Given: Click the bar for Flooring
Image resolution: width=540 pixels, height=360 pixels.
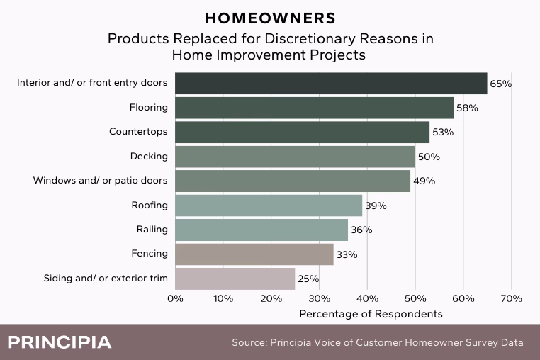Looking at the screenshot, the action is tap(314, 108).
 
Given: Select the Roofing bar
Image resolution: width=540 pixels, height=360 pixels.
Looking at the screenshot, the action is tap(269, 206).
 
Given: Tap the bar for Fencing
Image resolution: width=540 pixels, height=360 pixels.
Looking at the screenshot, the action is tap(254, 254).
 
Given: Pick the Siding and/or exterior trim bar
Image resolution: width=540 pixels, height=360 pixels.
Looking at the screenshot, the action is tap(235, 279).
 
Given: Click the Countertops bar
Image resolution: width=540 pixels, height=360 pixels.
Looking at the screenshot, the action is tap(303, 133).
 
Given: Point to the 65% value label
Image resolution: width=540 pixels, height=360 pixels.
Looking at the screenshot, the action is tap(501, 84).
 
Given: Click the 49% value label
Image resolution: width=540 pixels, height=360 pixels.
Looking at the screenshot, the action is tap(424, 181).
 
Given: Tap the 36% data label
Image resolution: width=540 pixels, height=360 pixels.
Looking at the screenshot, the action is tap(361, 230).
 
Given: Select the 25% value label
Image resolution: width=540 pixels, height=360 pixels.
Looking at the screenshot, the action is tap(308, 279).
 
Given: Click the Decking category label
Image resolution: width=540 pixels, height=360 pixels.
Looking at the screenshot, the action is tap(149, 157).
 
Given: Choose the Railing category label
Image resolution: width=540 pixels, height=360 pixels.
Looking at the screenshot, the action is tap(152, 230).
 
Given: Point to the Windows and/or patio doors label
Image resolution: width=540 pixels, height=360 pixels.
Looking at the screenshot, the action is tap(100, 181).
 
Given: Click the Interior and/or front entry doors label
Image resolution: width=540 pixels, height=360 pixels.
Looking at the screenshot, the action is tap(92, 83).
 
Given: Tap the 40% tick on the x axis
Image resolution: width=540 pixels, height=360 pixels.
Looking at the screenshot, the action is tap(368, 298).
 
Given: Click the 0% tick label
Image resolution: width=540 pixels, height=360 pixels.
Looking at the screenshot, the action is tap(175, 298).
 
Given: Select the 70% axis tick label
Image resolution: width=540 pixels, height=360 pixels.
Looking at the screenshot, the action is tap(512, 298).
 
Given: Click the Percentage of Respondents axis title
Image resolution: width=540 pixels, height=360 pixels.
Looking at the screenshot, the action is tap(371, 314).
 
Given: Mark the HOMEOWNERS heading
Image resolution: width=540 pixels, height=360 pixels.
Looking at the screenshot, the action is tap(270, 18).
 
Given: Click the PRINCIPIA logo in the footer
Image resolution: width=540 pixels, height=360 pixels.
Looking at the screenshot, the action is tap(60, 342).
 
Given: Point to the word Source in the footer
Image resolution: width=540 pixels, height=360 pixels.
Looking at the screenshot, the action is tap(249, 343).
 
